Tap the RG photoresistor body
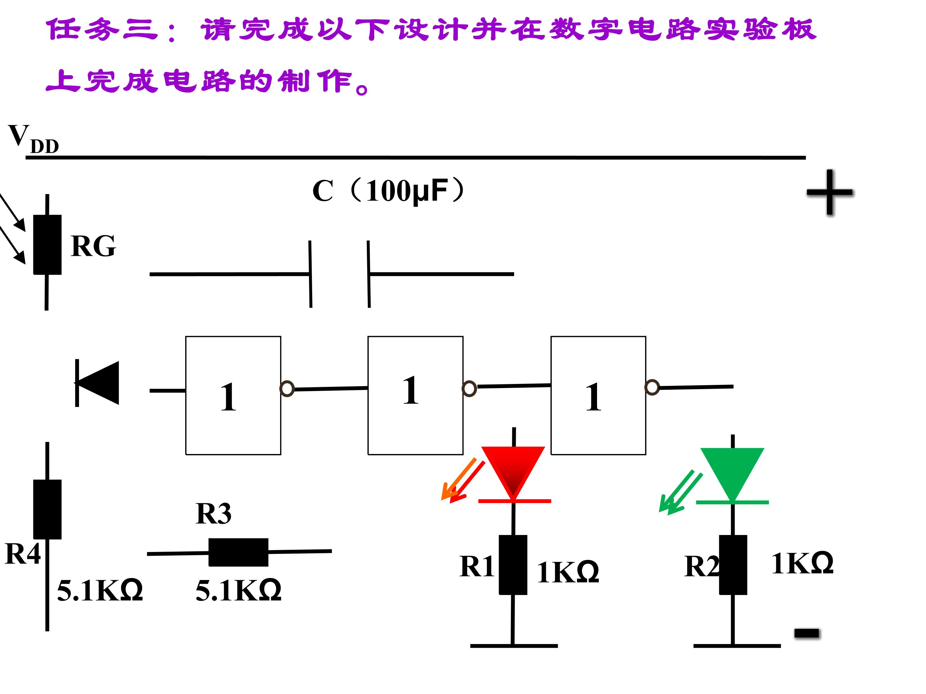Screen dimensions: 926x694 pos(47,245)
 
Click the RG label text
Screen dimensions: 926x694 pos(93,246)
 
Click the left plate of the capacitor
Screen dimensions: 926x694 pos(310,274)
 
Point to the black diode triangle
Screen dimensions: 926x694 pos(99,383)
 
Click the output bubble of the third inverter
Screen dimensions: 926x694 pos(652,387)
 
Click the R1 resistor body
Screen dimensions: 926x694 pos(513,565)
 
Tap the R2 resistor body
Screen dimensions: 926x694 pos(733,565)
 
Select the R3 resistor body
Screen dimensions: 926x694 pos(238,552)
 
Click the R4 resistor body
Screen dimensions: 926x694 pos(47,509)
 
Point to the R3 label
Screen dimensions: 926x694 pos(213,513)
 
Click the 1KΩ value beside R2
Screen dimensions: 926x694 pos(802,563)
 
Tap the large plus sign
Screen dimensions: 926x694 pos(830,192)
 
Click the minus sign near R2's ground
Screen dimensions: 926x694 pos(807,633)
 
